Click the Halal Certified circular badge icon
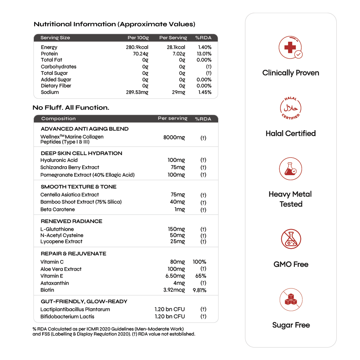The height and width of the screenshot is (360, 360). [x=291, y=108]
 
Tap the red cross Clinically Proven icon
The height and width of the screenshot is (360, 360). [x=291, y=47]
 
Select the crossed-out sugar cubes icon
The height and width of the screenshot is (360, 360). [x=291, y=300]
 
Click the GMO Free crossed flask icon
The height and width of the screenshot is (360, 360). [x=291, y=239]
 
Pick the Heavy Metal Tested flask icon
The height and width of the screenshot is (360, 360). [x=291, y=169]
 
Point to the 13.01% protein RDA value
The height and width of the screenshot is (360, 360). [x=204, y=54]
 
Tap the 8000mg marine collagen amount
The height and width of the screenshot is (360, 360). [x=174, y=137]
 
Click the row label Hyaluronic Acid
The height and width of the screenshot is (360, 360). [x=59, y=160]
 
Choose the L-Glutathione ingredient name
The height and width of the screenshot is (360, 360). [x=57, y=229]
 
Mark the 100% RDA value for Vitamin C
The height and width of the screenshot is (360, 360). [x=199, y=262]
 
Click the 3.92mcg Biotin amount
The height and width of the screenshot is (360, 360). [x=174, y=290]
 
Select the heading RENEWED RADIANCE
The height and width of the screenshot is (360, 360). [x=71, y=221]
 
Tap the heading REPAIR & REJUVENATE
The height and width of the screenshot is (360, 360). [x=73, y=254]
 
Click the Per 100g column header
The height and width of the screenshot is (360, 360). [x=138, y=38]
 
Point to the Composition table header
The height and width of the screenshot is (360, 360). [x=58, y=119]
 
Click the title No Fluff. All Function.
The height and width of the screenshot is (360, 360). [x=71, y=108]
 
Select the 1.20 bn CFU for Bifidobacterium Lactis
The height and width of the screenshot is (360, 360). [x=170, y=316]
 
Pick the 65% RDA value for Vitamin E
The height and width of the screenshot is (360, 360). [x=201, y=276]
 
